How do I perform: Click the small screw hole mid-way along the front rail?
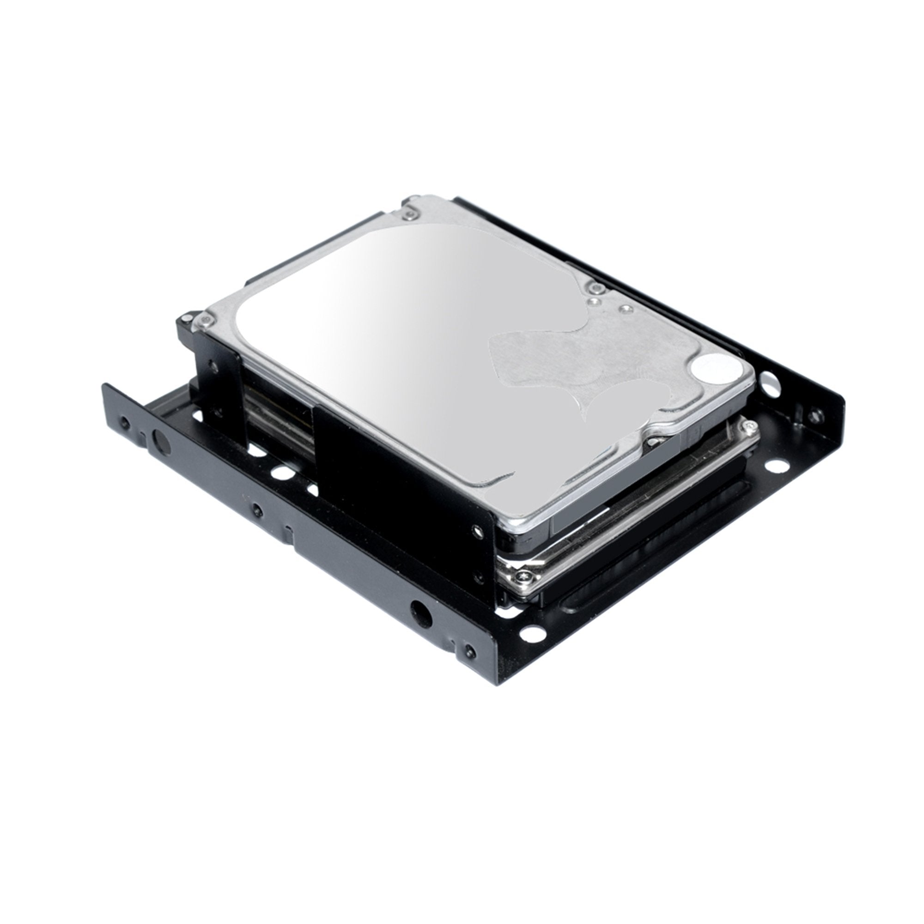pyautogui.click(x=257, y=511)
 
